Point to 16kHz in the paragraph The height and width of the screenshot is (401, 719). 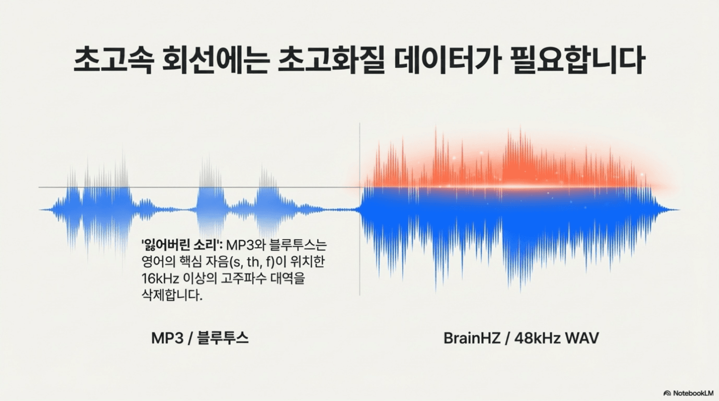[x=160, y=278]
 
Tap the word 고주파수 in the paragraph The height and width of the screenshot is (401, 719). [x=254, y=278]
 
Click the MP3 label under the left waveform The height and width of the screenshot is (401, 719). [x=167, y=338]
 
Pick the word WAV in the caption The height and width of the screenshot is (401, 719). [x=582, y=338]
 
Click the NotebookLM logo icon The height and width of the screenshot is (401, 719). [x=667, y=393]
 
